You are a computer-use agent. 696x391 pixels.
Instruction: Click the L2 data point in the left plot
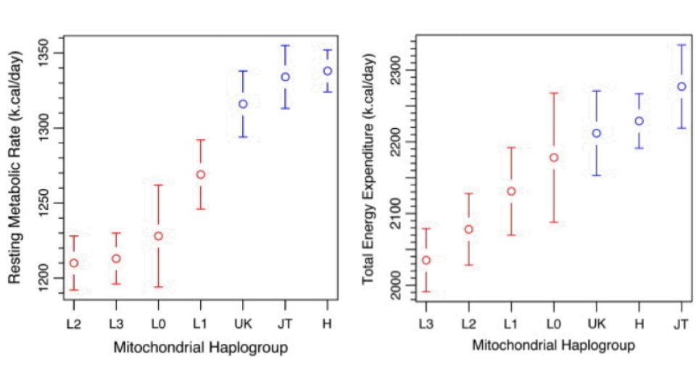[74, 263]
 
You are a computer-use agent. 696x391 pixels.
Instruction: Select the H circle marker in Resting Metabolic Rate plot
[328, 71]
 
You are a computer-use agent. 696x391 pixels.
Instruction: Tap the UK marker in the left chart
[243, 104]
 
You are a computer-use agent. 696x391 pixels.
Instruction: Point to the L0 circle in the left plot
[159, 236]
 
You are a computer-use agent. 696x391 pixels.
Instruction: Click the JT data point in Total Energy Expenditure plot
[681, 87]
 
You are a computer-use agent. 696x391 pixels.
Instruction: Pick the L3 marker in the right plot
[426, 260]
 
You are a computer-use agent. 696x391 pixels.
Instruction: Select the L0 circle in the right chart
[554, 158]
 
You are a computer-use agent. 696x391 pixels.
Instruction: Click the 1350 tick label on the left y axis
[49, 54]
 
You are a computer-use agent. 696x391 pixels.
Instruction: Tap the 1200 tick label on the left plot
[49, 278]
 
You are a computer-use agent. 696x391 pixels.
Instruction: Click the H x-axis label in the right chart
[639, 324]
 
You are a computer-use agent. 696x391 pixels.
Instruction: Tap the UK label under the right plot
[596, 324]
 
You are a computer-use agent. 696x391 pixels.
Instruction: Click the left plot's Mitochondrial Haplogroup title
[201, 348]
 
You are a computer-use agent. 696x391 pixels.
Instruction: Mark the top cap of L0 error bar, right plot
[554, 93]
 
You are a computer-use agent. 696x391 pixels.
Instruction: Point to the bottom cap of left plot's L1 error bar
[201, 209]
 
